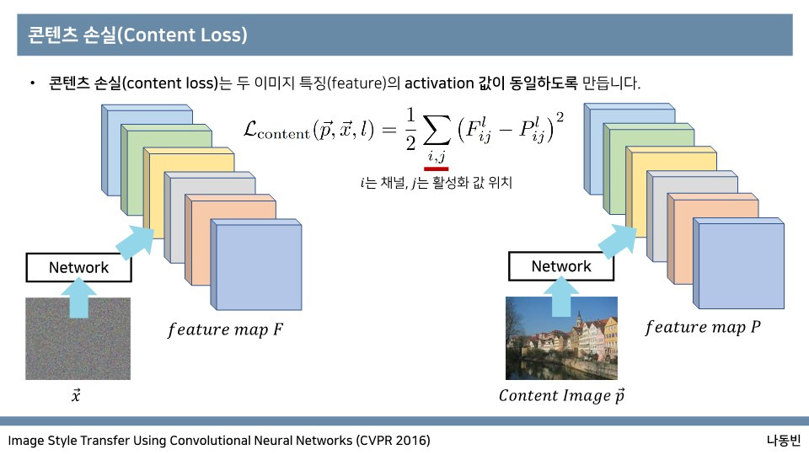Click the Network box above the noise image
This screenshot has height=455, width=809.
tap(78, 268)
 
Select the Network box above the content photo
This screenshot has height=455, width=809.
tap(561, 267)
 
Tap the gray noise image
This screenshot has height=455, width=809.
tap(78, 339)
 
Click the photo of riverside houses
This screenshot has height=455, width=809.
tap(561, 338)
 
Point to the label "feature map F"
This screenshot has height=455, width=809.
tap(225, 329)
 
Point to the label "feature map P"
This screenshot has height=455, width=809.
tap(702, 327)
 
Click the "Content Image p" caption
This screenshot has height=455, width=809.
tap(561, 394)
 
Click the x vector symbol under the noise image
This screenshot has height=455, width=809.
tap(76, 394)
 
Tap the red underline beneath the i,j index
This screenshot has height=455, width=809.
tap(436, 168)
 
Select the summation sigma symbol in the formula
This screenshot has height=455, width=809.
tap(436, 130)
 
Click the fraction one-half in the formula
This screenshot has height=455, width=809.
tap(410, 128)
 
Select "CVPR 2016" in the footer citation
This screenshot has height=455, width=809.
tap(392, 441)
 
